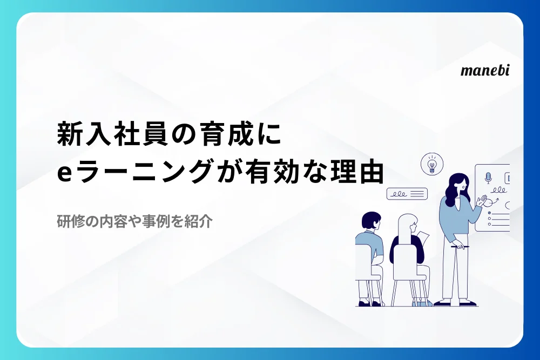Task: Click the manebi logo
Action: (485, 70)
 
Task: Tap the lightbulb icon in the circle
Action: (432, 164)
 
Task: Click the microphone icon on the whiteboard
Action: (488, 178)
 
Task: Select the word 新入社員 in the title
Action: (112, 134)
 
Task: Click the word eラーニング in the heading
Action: (134, 172)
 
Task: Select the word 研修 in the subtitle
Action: (71, 221)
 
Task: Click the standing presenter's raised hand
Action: (482, 201)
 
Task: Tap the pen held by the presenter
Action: (458, 247)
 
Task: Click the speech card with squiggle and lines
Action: (407, 194)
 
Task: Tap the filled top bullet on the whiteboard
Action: (489, 213)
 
